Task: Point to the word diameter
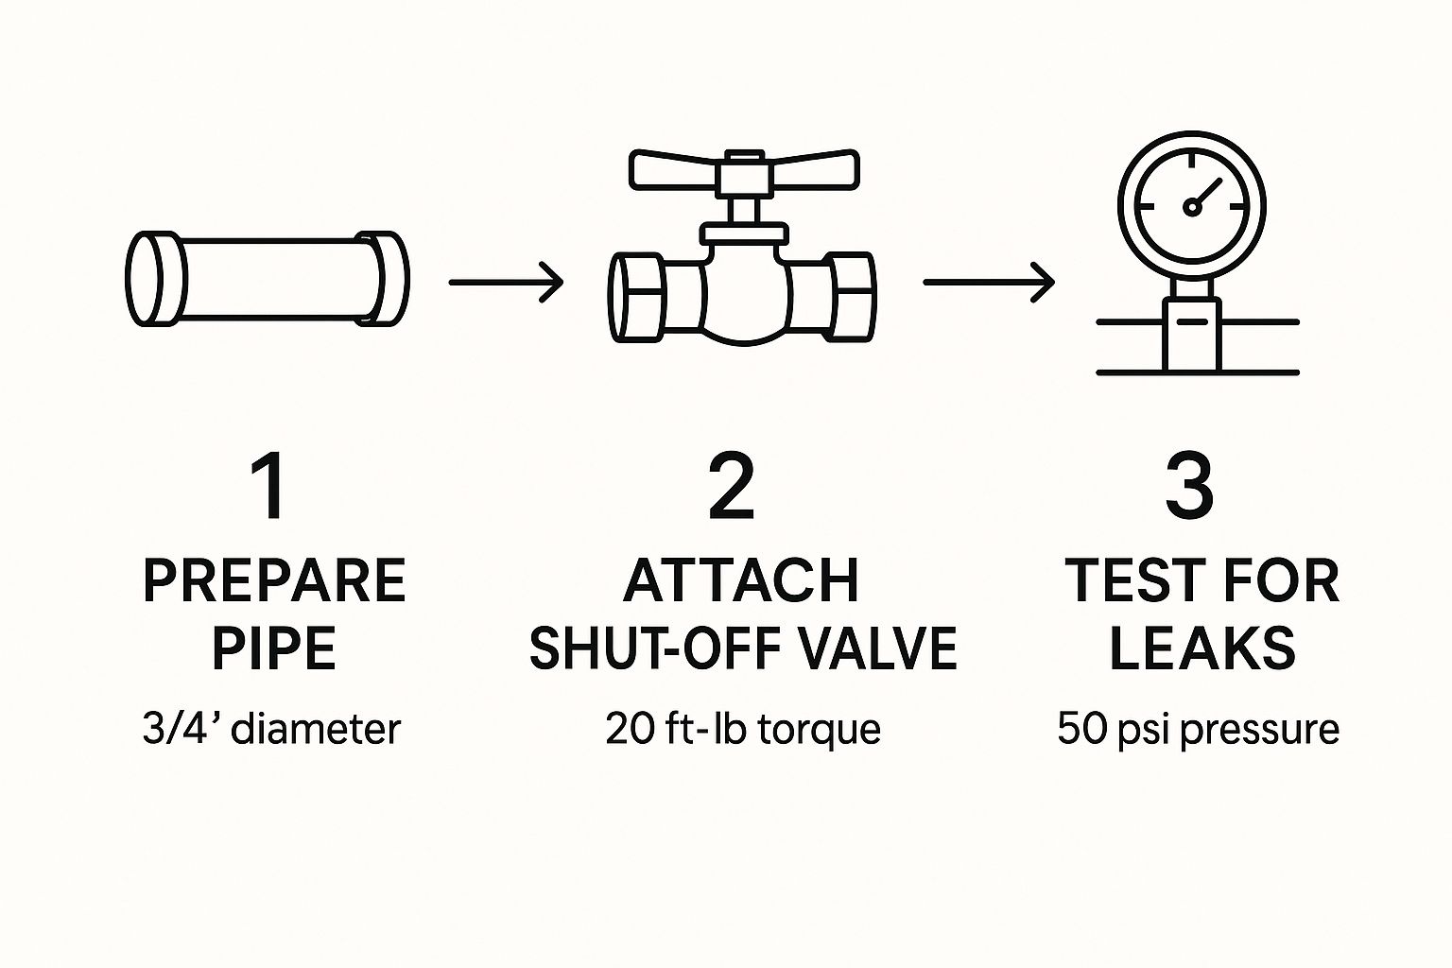coord(317,728)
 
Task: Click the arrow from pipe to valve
coord(506,282)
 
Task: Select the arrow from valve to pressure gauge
coord(989,282)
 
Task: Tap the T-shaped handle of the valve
coord(744,170)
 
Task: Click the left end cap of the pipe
coord(156,278)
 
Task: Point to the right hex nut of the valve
coord(853,297)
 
